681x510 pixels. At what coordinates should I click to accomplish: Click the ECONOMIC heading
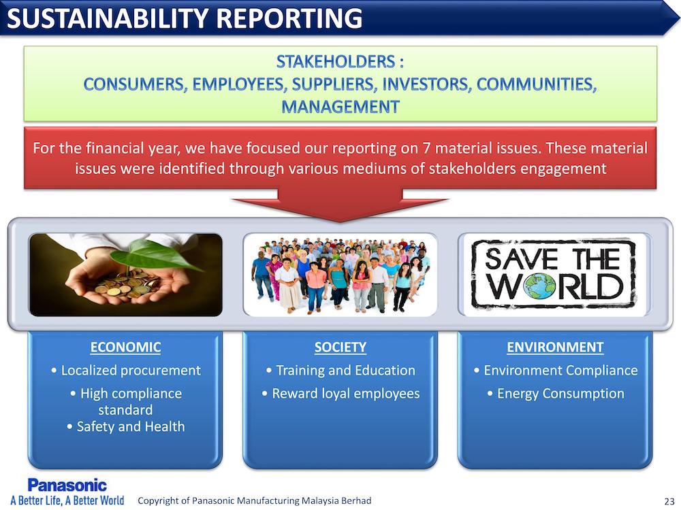coord(125,347)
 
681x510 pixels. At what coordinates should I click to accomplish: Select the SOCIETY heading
coord(340,347)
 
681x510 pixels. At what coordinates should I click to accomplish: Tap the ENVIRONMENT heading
coord(555,347)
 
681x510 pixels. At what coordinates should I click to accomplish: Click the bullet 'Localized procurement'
coord(125,371)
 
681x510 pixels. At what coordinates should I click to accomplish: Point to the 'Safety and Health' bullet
coord(126,426)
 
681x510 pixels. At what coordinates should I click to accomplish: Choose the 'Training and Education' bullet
coord(340,371)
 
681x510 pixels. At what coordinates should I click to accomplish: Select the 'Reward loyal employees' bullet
coord(340,393)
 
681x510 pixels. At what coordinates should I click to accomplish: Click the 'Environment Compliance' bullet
coord(556,371)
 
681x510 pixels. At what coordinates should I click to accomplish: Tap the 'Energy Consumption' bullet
coord(556,393)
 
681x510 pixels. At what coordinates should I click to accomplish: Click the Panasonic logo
coord(67,486)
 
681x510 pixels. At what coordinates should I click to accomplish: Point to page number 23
coord(669,501)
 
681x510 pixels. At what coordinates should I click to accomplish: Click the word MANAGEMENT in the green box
coord(340,107)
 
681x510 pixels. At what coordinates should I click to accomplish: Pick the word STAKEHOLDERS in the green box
coord(336,62)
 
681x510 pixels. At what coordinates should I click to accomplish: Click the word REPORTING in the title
coord(289,18)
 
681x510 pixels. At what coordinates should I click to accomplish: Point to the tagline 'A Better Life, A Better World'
coord(67,500)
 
